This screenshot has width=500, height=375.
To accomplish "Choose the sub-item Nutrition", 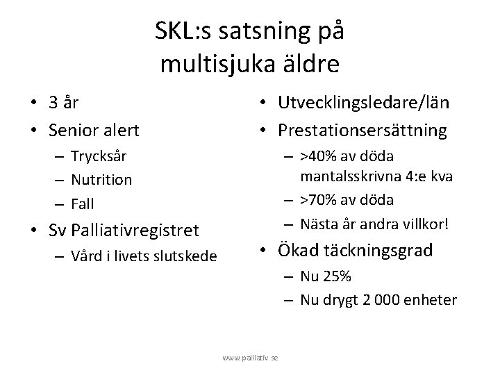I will click(101, 180).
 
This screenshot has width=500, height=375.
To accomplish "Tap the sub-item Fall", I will click(83, 204).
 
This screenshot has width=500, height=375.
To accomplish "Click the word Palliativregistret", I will click(143, 229).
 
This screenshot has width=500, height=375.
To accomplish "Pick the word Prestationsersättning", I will click(363, 130).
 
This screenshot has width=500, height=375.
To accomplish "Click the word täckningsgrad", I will click(376, 250).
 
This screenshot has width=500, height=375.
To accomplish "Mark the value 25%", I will click(336, 276).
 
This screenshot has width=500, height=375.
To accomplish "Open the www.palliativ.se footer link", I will click(250, 357).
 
